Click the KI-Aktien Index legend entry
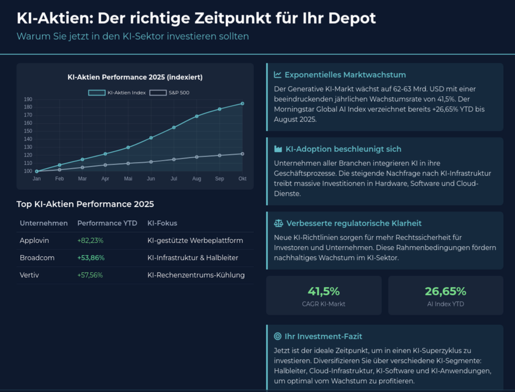[117, 92]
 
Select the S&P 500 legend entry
[169, 92]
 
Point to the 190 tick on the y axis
[28, 99]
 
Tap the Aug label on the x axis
[197, 179]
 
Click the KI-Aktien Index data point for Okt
[242, 104]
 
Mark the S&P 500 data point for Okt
[242, 154]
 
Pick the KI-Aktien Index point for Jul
[174, 128]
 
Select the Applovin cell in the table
[34, 240]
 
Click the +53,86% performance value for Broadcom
[91, 258]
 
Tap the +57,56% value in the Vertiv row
[90, 275]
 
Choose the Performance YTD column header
[107, 223]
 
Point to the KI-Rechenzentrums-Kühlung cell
[196, 275]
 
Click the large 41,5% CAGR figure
[324, 291]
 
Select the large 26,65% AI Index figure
[445, 291]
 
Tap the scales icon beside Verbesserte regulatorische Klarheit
[278, 223]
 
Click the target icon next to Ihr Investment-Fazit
[277, 336]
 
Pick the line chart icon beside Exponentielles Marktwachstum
[277, 75]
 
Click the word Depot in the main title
[353, 18]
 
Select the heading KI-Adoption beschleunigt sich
[343, 149]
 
